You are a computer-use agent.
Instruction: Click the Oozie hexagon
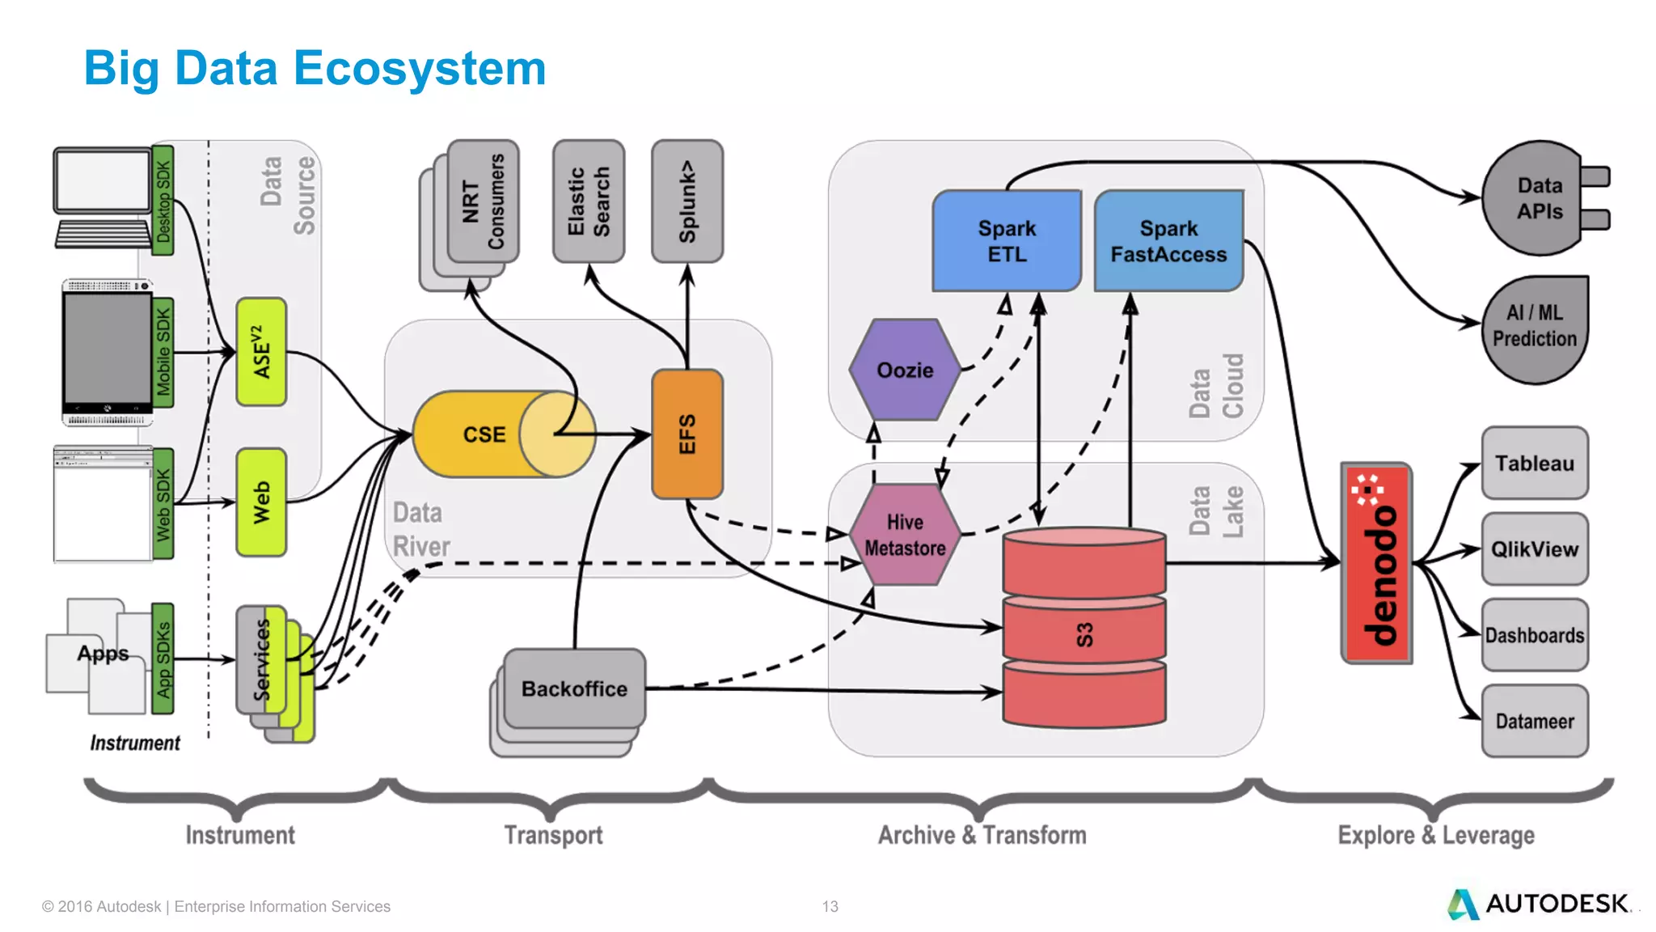coord(905,370)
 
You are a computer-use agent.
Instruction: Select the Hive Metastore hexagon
coord(905,535)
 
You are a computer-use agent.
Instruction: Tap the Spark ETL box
coord(1006,241)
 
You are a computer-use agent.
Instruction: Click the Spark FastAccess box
coord(1168,241)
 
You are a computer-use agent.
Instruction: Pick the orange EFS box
coord(686,434)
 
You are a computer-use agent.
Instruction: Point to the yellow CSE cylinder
coord(485,434)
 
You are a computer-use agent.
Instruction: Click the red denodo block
coord(1376,563)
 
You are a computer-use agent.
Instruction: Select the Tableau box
coord(1534,464)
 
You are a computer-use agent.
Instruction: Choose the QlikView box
coord(1534,549)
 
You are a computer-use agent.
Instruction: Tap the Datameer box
coord(1534,721)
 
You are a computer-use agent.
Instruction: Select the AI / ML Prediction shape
coord(1535,326)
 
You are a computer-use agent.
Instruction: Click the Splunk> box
coord(686,201)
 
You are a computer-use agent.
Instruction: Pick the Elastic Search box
coord(588,201)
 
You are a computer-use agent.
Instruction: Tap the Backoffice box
coord(574,688)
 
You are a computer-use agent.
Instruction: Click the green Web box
coord(261,502)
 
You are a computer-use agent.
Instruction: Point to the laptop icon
coord(103,198)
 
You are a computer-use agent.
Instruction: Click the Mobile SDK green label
coord(163,352)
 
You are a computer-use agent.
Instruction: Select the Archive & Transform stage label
coord(982,835)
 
